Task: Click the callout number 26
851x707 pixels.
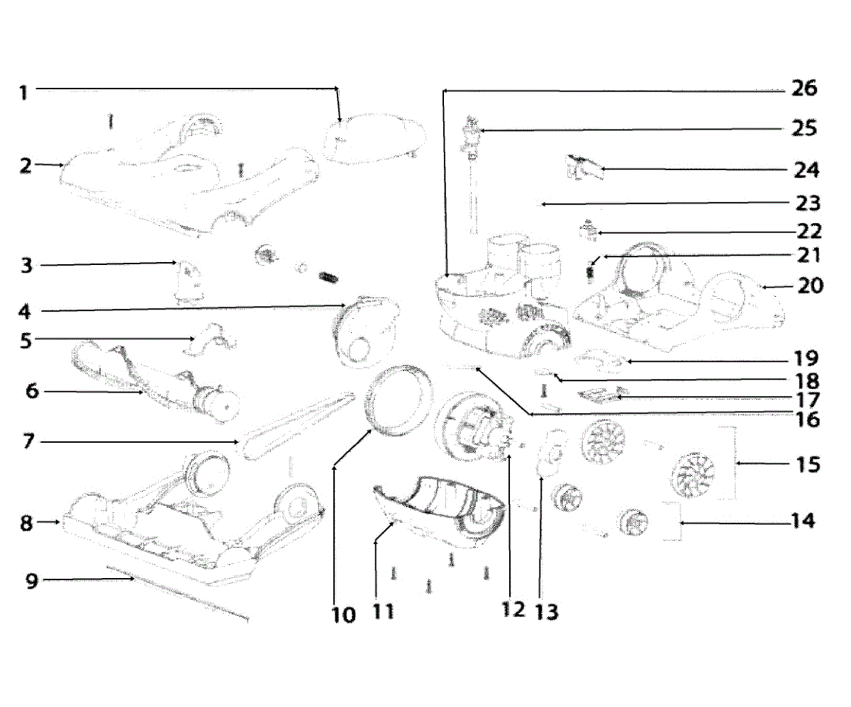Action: click(x=803, y=89)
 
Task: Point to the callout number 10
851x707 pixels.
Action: click(x=343, y=615)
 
